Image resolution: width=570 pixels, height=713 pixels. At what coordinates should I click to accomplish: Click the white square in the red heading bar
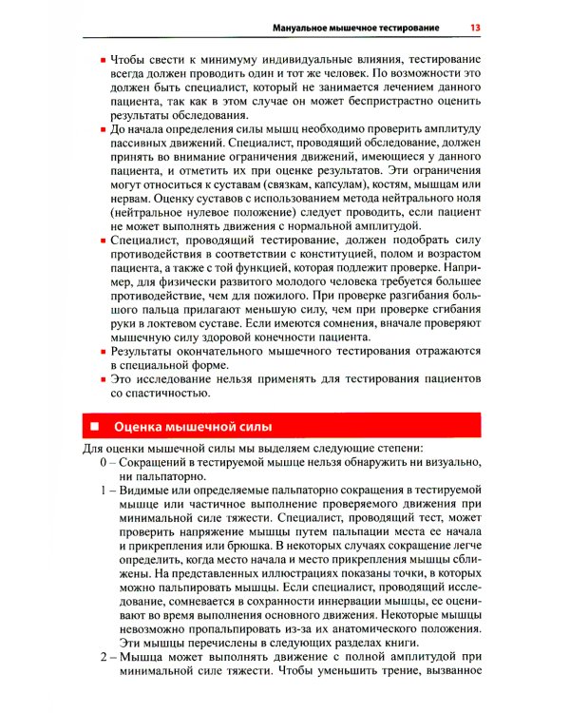tap(94, 425)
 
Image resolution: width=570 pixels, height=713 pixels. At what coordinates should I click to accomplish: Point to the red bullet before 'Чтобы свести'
tap(103, 62)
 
